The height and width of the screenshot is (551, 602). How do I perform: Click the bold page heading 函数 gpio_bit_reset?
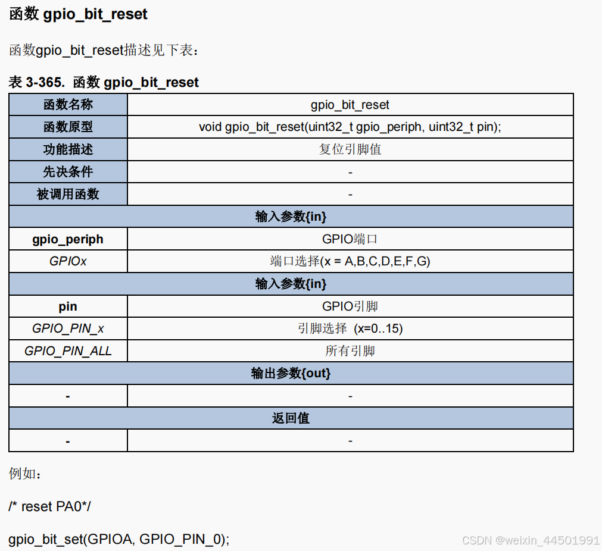78,14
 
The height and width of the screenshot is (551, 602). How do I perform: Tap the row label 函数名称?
68,105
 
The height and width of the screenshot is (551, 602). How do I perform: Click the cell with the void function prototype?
350,127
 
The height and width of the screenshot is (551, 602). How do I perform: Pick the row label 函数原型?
68,127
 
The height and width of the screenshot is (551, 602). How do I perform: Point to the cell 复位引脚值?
350,149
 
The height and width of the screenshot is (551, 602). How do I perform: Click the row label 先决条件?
68,172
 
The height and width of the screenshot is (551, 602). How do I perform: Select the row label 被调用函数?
68,194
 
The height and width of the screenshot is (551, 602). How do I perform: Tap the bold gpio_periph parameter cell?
68,239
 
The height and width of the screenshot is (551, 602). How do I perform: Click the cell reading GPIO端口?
350,239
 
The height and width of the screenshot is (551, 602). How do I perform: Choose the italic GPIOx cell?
68,261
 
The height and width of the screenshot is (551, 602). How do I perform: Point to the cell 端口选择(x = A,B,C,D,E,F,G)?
350,261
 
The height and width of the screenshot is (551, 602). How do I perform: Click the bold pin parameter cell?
68,306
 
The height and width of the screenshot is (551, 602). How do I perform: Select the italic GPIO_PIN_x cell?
68,328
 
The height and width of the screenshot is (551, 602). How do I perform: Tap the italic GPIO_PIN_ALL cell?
68,351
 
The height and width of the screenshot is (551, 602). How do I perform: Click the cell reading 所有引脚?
350,351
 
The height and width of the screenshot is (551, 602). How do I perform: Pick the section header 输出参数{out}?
291,373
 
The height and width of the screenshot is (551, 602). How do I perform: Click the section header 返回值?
291,418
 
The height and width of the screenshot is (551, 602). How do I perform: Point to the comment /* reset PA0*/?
50,506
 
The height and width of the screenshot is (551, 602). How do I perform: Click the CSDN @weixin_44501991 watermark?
531,540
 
